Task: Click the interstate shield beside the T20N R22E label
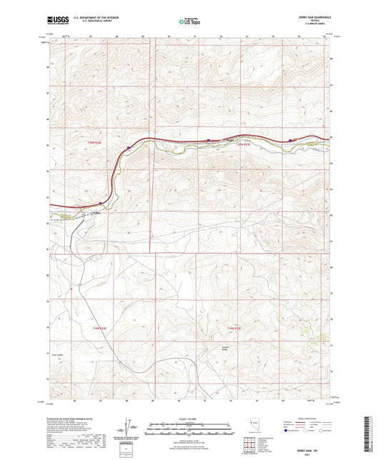[x=128, y=148]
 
